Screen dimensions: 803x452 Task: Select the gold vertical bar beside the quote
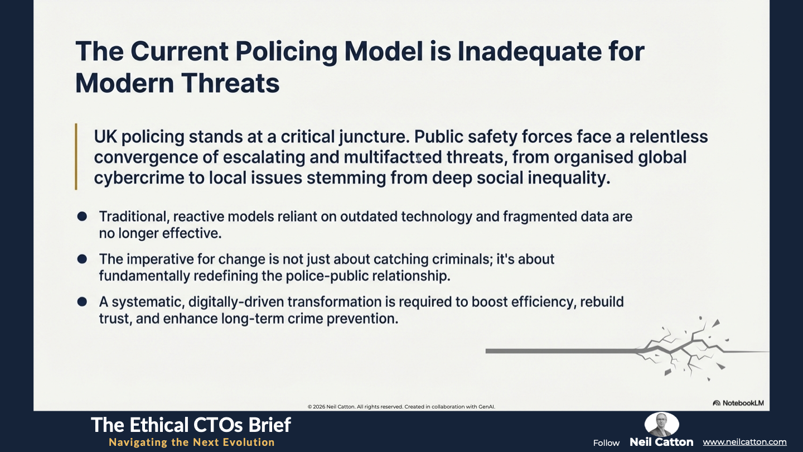76,156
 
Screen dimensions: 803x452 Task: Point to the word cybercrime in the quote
139,178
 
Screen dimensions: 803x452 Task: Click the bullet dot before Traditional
82,217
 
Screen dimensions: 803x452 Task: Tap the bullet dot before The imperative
82,259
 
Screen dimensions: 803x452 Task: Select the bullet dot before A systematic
82,302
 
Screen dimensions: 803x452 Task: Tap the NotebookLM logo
738,403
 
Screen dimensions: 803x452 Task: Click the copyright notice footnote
401,407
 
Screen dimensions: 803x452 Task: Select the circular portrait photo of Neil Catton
661,424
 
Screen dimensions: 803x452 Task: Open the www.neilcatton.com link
744,443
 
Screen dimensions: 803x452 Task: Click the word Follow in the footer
606,443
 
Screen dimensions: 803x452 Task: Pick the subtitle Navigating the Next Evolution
192,443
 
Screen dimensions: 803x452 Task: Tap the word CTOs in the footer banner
215,425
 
